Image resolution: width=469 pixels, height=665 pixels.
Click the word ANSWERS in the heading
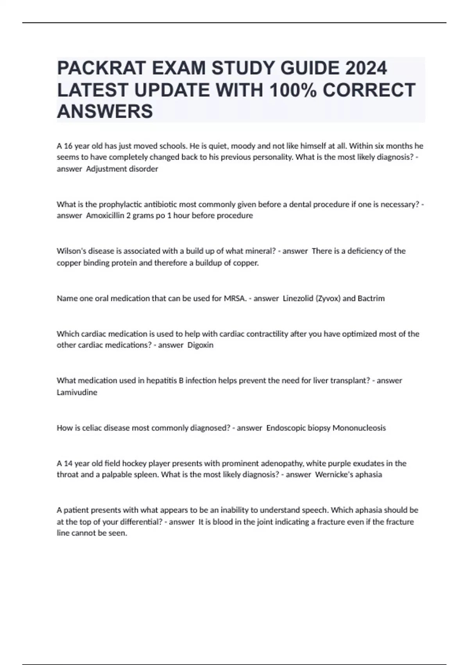click(105, 111)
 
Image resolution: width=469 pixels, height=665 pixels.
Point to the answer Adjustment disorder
click(122, 169)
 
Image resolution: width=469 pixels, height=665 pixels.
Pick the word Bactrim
click(371, 298)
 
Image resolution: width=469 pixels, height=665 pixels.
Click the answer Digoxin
click(200, 345)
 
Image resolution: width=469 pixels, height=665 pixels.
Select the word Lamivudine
click(77, 392)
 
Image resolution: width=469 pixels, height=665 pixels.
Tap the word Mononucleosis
click(359, 428)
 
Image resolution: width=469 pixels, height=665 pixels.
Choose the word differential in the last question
click(140, 522)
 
